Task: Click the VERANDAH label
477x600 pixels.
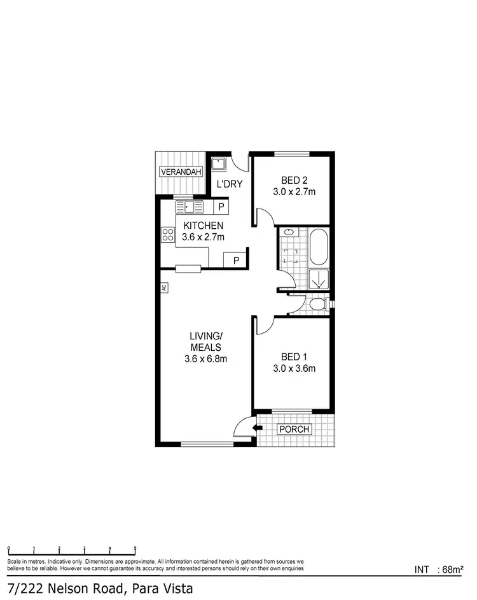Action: tap(181, 172)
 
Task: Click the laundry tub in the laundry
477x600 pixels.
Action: tap(219, 163)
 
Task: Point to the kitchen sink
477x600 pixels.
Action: tap(190, 207)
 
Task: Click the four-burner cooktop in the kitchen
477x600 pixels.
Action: tap(169, 235)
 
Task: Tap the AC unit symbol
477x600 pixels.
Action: tap(164, 288)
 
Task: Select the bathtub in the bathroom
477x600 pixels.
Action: tap(318, 247)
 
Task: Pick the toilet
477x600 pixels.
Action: tap(318, 306)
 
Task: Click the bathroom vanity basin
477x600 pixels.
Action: tap(289, 233)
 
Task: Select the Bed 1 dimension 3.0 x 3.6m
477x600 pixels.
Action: tap(294, 368)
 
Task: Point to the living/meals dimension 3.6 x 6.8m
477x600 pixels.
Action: tap(205, 358)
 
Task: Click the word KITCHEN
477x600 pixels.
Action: tap(203, 226)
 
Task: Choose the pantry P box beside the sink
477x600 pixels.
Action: tap(221, 207)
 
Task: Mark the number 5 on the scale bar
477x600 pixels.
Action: tap(135, 548)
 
